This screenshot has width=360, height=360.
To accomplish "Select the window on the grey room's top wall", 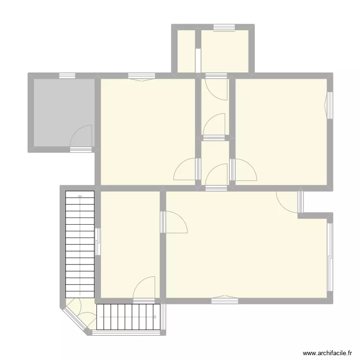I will click(x=67, y=75).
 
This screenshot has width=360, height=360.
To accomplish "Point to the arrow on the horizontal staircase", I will click(x=156, y=316).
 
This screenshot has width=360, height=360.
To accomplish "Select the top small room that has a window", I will click(x=224, y=51).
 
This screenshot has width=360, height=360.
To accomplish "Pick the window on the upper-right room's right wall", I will click(x=330, y=104).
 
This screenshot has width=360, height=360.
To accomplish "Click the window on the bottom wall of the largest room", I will click(x=224, y=300).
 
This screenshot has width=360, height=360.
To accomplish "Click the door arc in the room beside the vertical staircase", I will click(x=144, y=288).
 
